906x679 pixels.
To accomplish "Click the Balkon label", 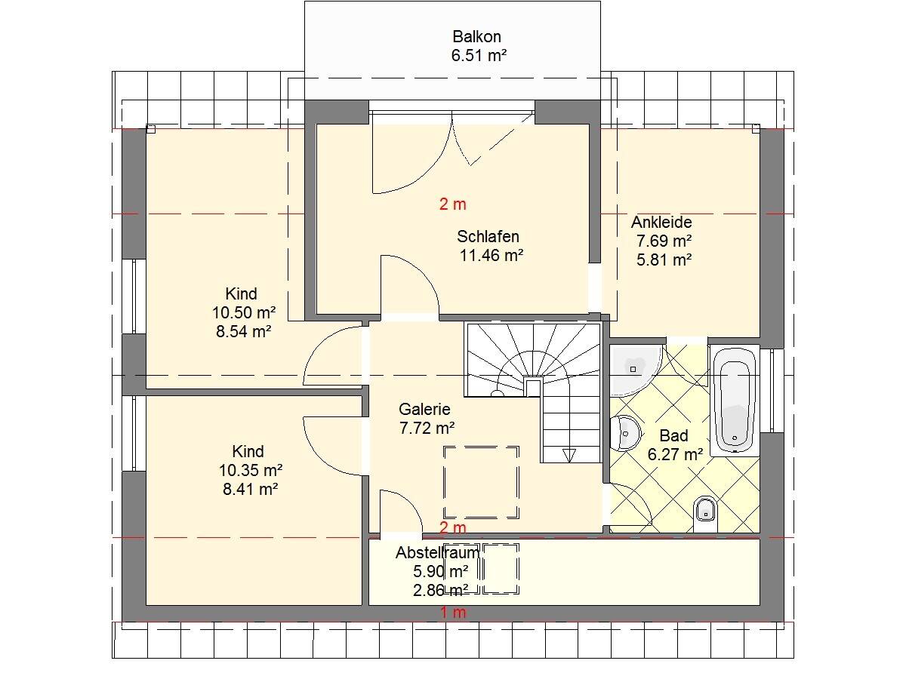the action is coord(476,37).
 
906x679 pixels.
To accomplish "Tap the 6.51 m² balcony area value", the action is coord(479,55).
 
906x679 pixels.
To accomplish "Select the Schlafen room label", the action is coord(488,237).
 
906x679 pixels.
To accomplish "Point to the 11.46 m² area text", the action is coord(492,256).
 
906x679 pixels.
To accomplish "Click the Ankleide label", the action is coord(661,223).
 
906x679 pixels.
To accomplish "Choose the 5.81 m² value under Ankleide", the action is coord(664,260).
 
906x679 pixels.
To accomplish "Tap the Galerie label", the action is coord(424,410).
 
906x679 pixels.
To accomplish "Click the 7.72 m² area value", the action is coord(427,428).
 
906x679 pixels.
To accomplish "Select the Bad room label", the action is coord(674,436).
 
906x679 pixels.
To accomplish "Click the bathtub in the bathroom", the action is coord(735,400).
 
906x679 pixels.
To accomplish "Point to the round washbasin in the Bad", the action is coord(625,433).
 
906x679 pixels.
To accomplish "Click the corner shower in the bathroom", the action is coord(635,370).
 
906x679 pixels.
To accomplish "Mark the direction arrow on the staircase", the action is coord(569,456).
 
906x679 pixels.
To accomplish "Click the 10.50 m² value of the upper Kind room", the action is coord(244,313).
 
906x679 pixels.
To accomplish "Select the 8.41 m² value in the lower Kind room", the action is coord(251,489).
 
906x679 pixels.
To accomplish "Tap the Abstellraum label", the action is coord(437,553).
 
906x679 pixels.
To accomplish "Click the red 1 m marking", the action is coord(453,613).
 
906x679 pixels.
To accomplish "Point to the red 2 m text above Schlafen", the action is coord(453,204).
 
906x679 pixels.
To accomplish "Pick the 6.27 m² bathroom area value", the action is coord(675,454).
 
